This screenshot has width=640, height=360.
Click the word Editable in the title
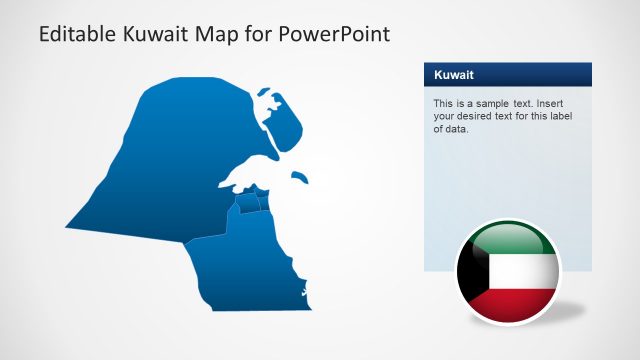coord(75,34)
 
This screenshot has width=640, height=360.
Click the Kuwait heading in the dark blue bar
coord(454,75)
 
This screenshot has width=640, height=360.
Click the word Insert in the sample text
coord(565,103)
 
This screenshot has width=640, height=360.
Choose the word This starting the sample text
coord(443,103)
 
